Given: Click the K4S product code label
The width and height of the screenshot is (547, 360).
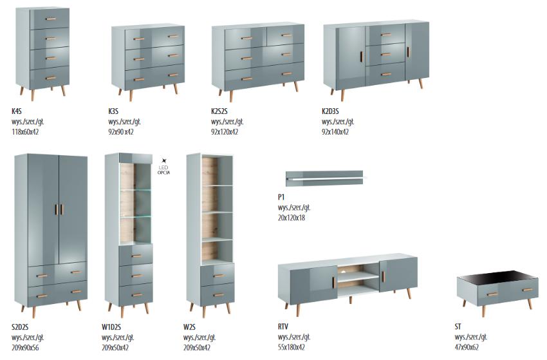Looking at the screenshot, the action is point(16,111).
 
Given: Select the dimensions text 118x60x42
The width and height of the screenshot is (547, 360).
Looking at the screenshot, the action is point(25,132).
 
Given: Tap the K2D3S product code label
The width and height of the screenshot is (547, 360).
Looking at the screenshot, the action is point(330,111).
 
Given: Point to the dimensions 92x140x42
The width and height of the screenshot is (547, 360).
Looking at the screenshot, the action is point(335,132).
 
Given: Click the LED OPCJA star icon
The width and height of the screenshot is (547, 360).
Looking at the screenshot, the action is point(164,161).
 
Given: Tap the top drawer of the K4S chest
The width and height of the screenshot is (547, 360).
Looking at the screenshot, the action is point(49,19).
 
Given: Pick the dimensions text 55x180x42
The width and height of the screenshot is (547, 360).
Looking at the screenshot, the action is point(292,347).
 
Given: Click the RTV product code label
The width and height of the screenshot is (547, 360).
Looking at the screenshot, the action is point(283,327).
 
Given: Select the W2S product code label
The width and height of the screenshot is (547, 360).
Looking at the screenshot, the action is point(189,327).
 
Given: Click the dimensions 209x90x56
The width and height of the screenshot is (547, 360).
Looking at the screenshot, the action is point(25,348).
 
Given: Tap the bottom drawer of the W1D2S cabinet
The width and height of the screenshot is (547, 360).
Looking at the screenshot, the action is point(136,295).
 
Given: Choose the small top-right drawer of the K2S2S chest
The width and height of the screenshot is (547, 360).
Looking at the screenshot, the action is point(285,35).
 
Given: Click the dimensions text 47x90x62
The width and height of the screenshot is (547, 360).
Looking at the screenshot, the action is point(467,347).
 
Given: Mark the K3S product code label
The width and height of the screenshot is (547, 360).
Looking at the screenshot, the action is point(113,111).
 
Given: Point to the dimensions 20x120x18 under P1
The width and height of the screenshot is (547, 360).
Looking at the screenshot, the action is point(292,218).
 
